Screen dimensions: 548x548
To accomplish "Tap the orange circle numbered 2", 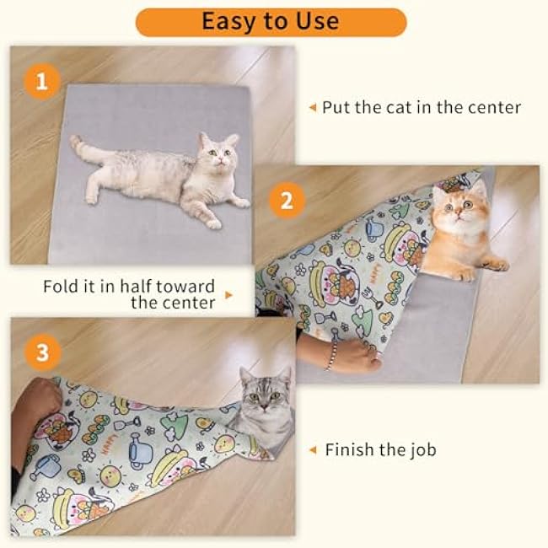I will tap(286, 201).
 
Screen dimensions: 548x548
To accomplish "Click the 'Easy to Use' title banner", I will tap(271, 21).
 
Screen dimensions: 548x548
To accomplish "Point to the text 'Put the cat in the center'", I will tap(422, 107).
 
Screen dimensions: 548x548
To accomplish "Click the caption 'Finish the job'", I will tap(380, 450).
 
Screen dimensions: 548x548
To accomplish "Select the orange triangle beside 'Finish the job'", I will tap(313, 450).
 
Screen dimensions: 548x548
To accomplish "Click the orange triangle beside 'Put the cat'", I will tap(312, 108).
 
